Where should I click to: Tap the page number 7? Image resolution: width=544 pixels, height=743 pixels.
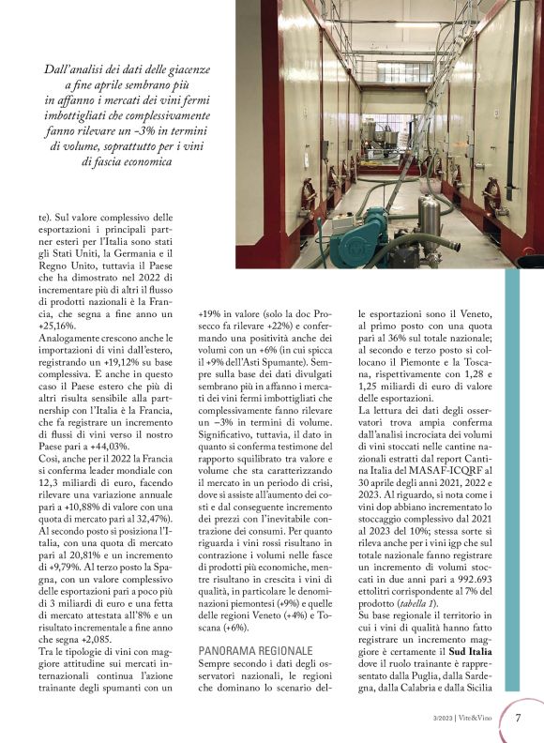(x=519, y=718)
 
